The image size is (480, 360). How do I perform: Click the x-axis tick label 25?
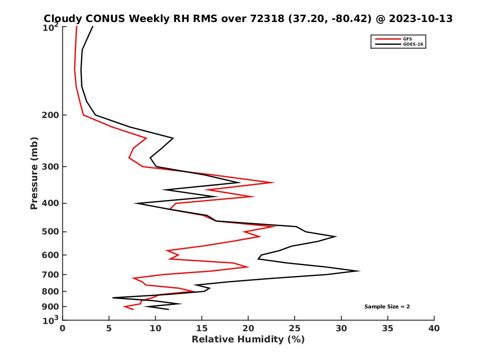coord(295,328)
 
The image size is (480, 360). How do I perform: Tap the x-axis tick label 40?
coord(434,328)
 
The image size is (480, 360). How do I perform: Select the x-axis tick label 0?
coord(62,328)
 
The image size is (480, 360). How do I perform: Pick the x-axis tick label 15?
coord(202,328)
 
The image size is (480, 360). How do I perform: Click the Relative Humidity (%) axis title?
coord(248,340)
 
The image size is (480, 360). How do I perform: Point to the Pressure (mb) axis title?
coord(34,173)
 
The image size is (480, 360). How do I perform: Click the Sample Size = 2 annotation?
coord(387,307)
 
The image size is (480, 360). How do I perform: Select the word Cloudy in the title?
coord(61,18)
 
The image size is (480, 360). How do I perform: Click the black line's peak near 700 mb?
coord(360,271)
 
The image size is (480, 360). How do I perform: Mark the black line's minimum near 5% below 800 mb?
coord(113,298)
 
